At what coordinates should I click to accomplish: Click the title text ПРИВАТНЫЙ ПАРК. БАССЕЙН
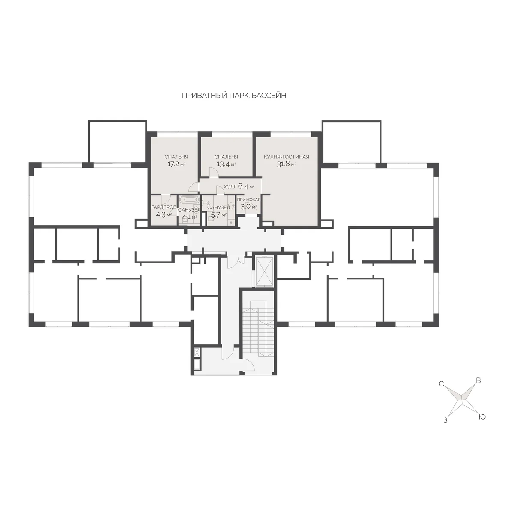pyautogui.click(x=234, y=96)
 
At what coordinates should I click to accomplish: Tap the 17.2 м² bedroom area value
pyautogui.click(x=176, y=164)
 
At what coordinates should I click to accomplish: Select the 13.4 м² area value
pyautogui.click(x=226, y=164)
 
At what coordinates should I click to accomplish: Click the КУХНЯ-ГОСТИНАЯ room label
pyautogui.click(x=287, y=157)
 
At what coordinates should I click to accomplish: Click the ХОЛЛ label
pyautogui.click(x=230, y=187)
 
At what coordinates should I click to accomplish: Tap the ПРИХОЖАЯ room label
pyautogui.click(x=248, y=200)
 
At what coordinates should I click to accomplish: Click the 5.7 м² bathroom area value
pyautogui.click(x=219, y=215)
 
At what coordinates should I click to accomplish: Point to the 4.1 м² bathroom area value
pyautogui.click(x=189, y=217)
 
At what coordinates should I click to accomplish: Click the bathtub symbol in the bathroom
pyautogui.click(x=189, y=200)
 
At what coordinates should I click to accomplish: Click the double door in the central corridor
pyautogui.click(x=236, y=262)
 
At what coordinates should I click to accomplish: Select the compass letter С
pyautogui.click(x=442, y=384)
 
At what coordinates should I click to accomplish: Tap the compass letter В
pyautogui.click(x=478, y=381)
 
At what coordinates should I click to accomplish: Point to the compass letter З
pyautogui.click(x=445, y=421)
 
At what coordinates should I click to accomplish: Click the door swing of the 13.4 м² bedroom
pyautogui.click(x=214, y=172)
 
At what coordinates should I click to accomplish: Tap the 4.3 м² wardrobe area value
pyautogui.click(x=164, y=215)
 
